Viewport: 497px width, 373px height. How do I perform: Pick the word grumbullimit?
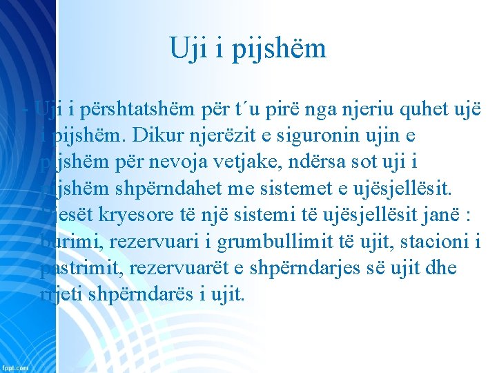[x=269, y=241]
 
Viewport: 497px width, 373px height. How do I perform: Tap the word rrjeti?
[x=61, y=294]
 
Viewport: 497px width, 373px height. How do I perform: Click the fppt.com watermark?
[x=15, y=367]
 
